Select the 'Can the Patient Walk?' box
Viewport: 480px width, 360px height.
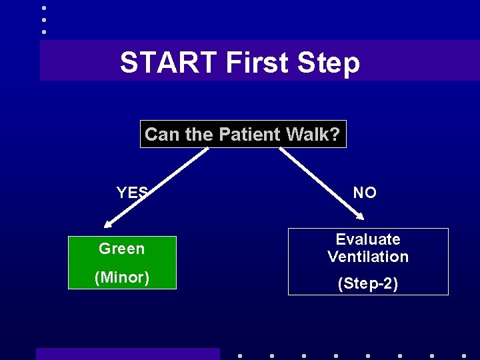click(243, 134)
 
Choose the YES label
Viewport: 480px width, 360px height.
click(132, 193)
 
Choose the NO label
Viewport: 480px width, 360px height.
click(365, 193)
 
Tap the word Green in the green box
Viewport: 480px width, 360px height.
click(121, 249)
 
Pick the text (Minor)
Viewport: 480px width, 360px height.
click(121, 277)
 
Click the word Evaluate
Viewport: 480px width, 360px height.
click(368, 239)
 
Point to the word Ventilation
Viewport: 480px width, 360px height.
click(368, 257)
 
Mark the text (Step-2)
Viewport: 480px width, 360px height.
click(368, 283)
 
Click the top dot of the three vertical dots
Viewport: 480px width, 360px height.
click(44, 8)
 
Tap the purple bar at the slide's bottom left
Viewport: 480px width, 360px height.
click(127, 354)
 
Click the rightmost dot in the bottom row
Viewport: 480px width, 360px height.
click(464, 355)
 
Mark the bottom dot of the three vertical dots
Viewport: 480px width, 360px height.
click(44, 31)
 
